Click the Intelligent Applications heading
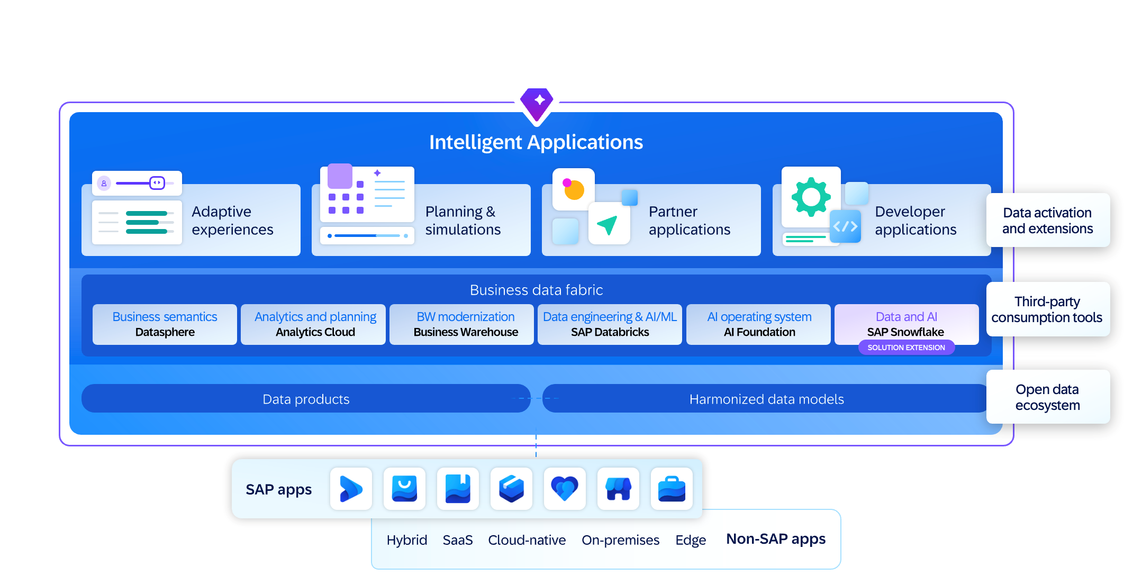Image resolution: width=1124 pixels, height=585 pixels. (x=536, y=142)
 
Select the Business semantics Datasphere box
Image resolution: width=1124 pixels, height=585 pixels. (x=165, y=324)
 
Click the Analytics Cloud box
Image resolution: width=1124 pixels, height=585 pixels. (x=315, y=324)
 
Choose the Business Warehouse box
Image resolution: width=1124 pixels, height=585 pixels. (x=466, y=324)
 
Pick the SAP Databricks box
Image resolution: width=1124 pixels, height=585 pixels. (x=610, y=324)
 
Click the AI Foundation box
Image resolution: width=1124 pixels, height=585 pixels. (x=759, y=324)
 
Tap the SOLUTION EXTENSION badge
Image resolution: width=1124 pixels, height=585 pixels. (x=906, y=348)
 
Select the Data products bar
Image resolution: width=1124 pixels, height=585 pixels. (x=306, y=399)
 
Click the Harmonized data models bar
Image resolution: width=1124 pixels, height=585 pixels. (x=766, y=399)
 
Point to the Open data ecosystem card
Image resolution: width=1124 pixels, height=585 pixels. (x=1048, y=397)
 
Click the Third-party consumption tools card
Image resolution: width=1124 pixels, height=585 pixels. (x=1048, y=309)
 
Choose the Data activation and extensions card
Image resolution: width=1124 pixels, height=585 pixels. (x=1048, y=220)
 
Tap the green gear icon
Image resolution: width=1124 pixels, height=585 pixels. (x=811, y=197)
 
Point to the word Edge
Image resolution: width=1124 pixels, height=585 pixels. (x=691, y=540)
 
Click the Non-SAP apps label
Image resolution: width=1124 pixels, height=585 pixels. (x=776, y=539)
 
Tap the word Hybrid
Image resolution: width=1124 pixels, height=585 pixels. (x=406, y=540)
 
